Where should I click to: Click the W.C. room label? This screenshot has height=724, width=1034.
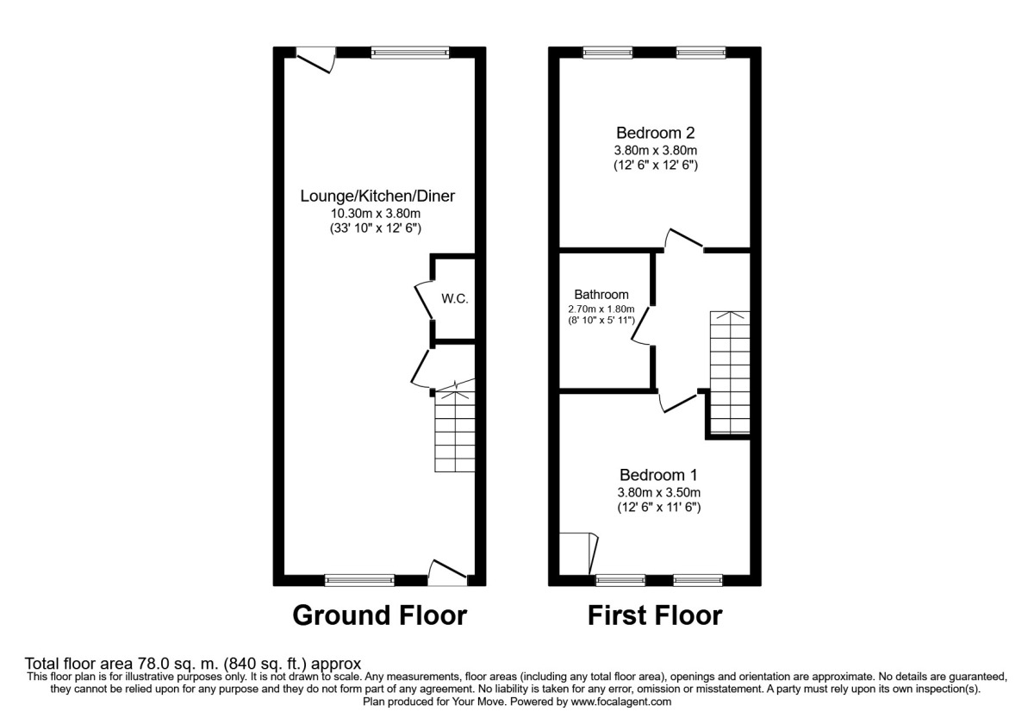(x=453, y=299)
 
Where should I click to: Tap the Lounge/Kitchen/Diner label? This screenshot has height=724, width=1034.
(x=377, y=196)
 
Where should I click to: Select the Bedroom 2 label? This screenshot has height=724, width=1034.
(x=655, y=133)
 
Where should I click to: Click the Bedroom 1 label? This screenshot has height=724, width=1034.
(x=658, y=475)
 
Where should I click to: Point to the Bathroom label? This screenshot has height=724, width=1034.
(x=601, y=295)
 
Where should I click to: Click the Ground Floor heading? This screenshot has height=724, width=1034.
(x=380, y=615)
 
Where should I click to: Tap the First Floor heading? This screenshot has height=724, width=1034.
(x=655, y=615)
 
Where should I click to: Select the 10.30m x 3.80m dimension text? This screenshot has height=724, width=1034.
(x=377, y=213)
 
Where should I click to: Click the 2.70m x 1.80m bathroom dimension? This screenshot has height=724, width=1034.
(x=601, y=309)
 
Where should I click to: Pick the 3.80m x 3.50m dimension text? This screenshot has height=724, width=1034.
(x=658, y=492)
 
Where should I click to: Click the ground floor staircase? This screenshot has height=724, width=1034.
(x=454, y=431)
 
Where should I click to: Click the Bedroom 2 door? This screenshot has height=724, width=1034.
(x=685, y=240)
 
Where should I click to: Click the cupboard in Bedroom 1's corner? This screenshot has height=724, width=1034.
(x=576, y=552)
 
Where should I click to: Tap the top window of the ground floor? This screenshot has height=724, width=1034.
(x=409, y=53)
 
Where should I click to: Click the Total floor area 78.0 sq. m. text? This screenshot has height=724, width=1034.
(x=187, y=664)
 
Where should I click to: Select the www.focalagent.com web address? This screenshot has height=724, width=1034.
(x=614, y=702)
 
